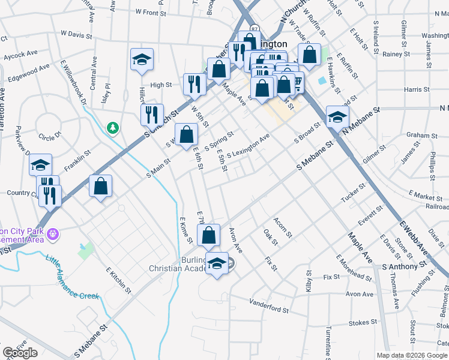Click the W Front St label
[x=151, y=12]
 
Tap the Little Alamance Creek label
[x=71, y=277]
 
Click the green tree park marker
[x=112, y=128]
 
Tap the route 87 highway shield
[x=255, y=29]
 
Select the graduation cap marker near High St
[x=142, y=60]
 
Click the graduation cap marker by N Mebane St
[x=337, y=117]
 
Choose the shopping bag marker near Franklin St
[x=100, y=186]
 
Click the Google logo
[x=20, y=353]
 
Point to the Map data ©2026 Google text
[x=411, y=355]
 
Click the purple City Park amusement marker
[x=53, y=232]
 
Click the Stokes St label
[x=363, y=323]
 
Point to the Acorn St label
[x=282, y=227]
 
